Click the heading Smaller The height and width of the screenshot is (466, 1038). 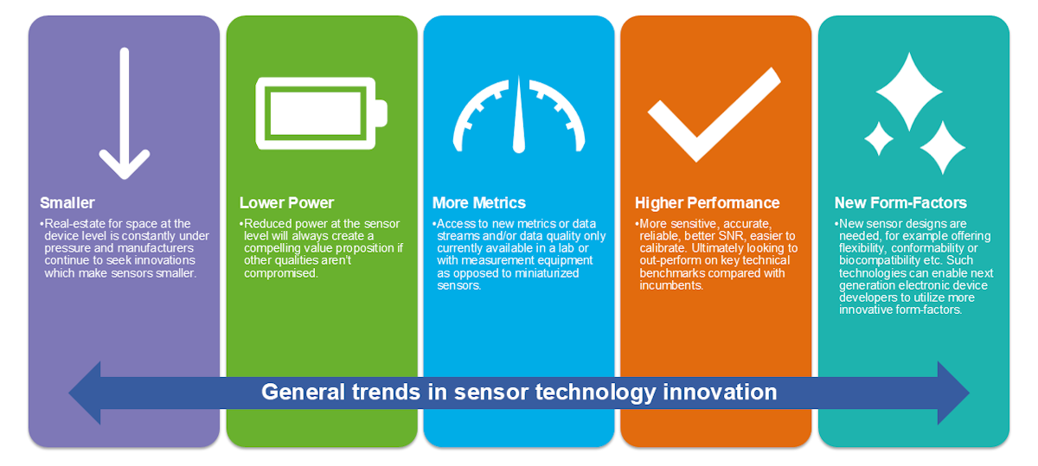pyautogui.click(x=67, y=203)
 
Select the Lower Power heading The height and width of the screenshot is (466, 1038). pyautogui.click(x=286, y=203)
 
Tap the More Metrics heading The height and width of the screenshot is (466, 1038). pyautogui.click(x=478, y=203)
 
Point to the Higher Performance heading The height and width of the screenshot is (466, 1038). pyautogui.click(x=708, y=203)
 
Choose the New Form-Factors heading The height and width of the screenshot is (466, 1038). pyautogui.click(x=900, y=203)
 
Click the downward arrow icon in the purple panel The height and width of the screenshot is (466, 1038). pyautogui.click(x=125, y=113)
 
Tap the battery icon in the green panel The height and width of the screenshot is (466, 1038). pyautogui.click(x=321, y=113)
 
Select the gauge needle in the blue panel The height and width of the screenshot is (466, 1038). pyautogui.click(x=519, y=115)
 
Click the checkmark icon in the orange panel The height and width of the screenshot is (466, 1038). pyautogui.click(x=714, y=114)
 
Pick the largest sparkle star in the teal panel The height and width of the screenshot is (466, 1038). pyautogui.click(x=909, y=92)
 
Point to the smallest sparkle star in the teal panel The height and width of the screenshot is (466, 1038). pyautogui.click(x=879, y=138)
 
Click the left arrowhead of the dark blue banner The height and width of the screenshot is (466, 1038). pyautogui.click(x=85, y=393)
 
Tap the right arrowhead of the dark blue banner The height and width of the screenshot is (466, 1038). pyautogui.click(x=953, y=393)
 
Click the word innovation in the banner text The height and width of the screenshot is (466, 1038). pyautogui.click(x=720, y=392)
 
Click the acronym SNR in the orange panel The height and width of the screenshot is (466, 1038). pyautogui.click(x=731, y=236)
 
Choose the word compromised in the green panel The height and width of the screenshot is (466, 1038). pyautogui.click(x=281, y=273)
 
